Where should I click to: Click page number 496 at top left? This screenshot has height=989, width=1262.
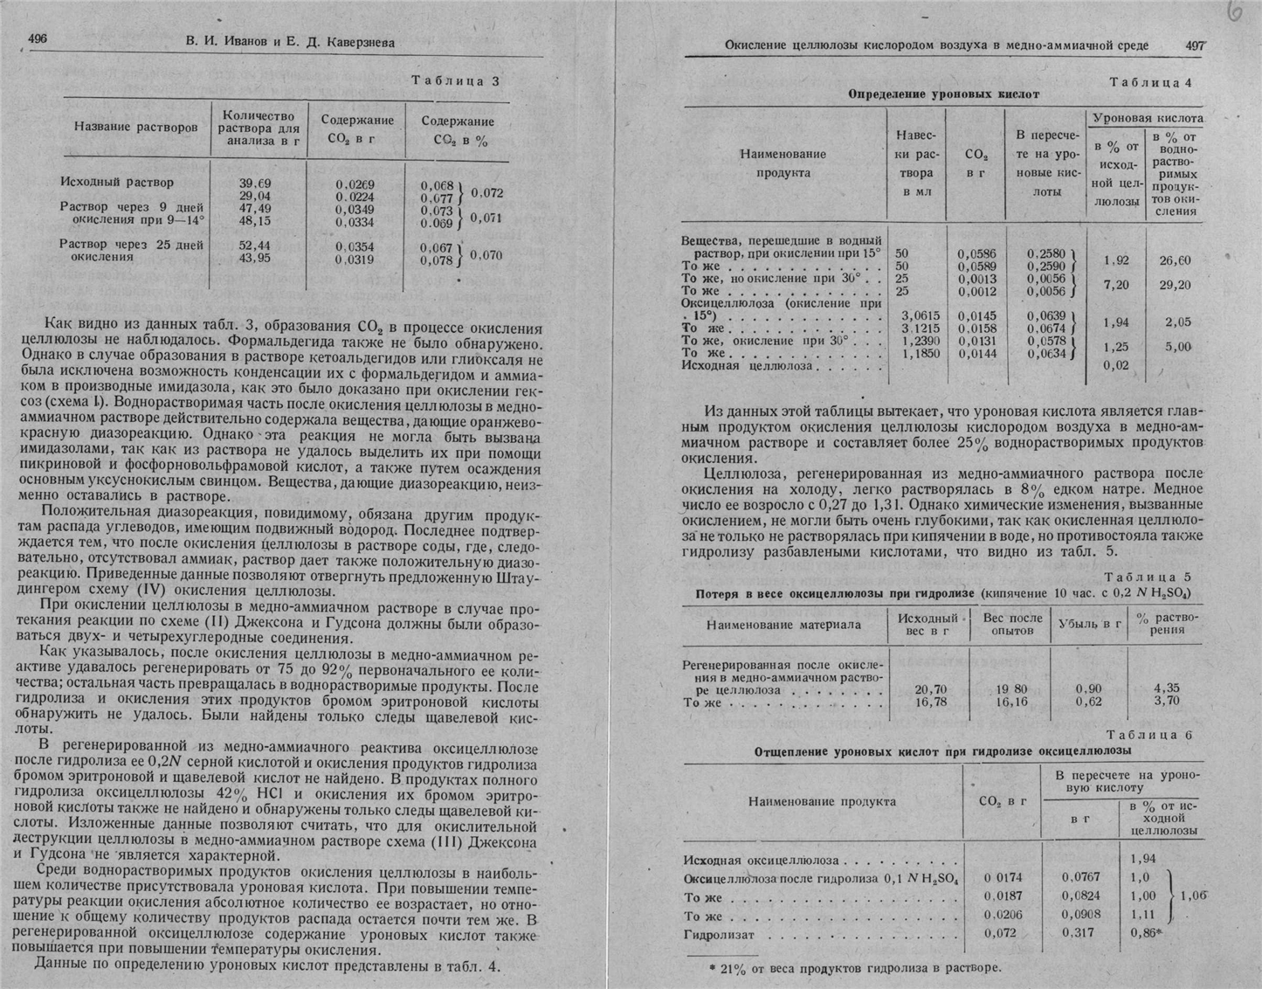click(x=38, y=38)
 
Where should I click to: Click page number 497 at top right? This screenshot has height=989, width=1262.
click(x=1195, y=45)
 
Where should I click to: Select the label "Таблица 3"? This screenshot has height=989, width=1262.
click(x=456, y=81)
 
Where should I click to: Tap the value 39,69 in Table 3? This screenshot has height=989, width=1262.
click(x=254, y=183)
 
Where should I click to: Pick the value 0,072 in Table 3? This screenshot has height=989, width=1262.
click(x=487, y=192)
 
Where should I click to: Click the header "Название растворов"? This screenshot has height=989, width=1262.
click(x=135, y=128)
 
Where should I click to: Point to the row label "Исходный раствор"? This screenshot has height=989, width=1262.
click(x=117, y=183)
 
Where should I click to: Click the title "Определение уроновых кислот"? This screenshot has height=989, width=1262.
click(x=944, y=93)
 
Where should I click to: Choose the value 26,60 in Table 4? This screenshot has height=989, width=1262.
click(x=1175, y=260)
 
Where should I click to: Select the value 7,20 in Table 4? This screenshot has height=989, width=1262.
click(x=1116, y=285)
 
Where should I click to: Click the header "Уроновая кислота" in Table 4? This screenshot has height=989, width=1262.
click(x=1148, y=118)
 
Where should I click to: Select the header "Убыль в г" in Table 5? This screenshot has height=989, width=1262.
click(x=1090, y=625)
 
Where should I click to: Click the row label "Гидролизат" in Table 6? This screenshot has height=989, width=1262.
click(x=719, y=935)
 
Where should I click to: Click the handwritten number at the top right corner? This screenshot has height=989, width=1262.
click(x=1233, y=14)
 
